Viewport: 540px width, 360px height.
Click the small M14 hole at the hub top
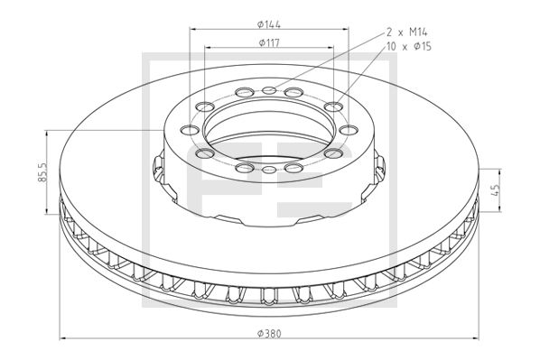pyautogui.click(x=269, y=89)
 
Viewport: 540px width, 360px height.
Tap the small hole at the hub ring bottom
pyautogui.click(x=269, y=170)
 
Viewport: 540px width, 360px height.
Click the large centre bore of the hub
pyautogui.click(x=269, y=128)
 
